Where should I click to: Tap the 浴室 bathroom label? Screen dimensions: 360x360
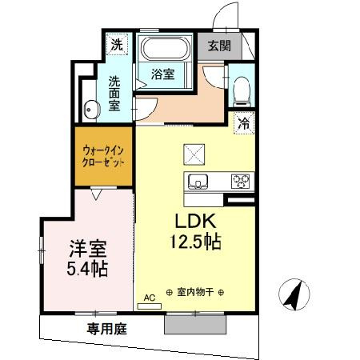click(x=163, y=74)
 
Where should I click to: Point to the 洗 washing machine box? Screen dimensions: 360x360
click(x=117, y=44)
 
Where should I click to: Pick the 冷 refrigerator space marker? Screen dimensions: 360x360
click(x=243, y=124)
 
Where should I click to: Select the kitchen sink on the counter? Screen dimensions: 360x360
click(x=198, y=182)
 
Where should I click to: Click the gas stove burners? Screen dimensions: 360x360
click(x=241, y=182)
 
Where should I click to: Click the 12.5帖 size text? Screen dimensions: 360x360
click(x=195, y=240)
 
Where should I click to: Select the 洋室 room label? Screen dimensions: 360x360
click(x=86, y=248)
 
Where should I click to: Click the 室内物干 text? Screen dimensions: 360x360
click(x=195, y=292)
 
